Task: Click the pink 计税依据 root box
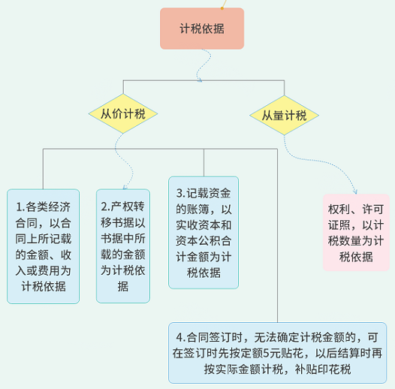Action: [x=201, y=29]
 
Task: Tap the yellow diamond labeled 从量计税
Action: [x=284, y=115]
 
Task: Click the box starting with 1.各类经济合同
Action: [x=43, y=246]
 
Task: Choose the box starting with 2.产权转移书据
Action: [x=123, y=246]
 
